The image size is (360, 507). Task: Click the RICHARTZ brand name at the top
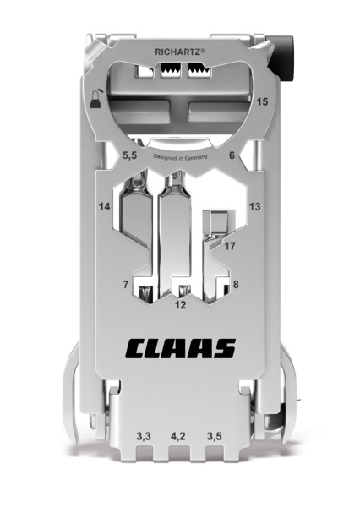pyautogui.click(x=180, y=52)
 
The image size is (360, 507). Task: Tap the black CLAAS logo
pyautogui.click(x=181, y=348)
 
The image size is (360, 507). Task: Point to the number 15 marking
pyautogui.click(x=262, y=102)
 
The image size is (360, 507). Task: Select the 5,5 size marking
pyautogui.click(x=129, y=155)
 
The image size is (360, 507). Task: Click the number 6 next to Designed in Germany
pyautogui.click(x=232, y=155)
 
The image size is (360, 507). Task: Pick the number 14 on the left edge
pyautogui.click(x=105, y=207)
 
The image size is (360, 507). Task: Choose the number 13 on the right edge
pyautogui.click(x=255, y=206)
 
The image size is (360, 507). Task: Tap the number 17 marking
pyautogui.click(x=230, y=246)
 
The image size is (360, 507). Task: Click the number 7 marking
pyautogui.click(x=126, y=285)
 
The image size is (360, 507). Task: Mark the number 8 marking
pyautogui.click(x=236, y=284)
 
